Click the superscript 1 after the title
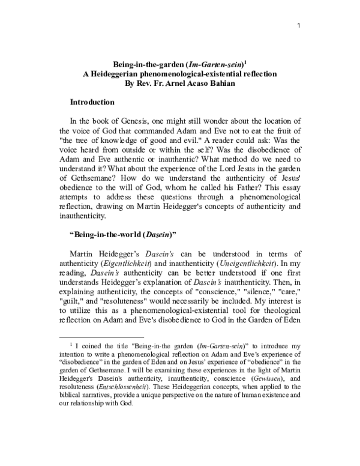pyautogui.click(x=246, y=62)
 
